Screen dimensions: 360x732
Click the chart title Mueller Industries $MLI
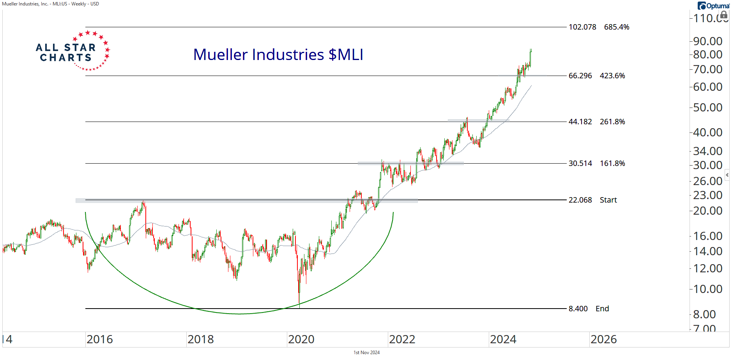[278, 55]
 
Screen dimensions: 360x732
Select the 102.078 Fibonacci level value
[582, 27]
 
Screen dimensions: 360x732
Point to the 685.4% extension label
[617, 27]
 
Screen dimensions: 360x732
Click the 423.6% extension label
[612, 76]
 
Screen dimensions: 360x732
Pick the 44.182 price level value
[580, 122]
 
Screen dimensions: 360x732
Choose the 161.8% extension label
[612, 163]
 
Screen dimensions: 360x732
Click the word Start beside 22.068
[608, 200]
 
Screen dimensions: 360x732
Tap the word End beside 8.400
[602, 309]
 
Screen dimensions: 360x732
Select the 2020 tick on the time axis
[301, 339]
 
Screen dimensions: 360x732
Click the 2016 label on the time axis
[99, 339]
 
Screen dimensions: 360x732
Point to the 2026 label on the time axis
[603, 339]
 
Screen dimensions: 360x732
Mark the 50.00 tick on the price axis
[707, 107]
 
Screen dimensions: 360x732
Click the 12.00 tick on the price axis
[707, 268]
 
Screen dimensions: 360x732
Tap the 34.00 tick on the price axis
[707, 151]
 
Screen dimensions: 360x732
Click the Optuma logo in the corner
[713, 6]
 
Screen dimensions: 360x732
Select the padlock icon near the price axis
[724, 15]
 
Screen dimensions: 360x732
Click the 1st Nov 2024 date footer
[366, 353]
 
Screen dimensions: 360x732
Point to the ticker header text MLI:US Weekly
[51, 4]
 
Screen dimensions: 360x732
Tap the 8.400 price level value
[578, 309]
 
